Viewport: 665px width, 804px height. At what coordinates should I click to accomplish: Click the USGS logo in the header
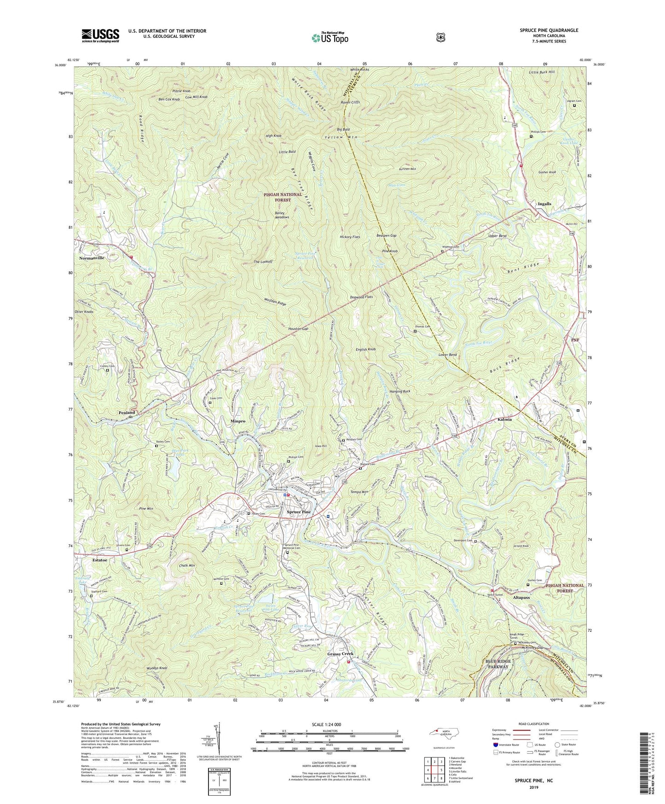coord(100,35)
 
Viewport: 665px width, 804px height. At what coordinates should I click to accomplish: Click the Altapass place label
coord(519,597)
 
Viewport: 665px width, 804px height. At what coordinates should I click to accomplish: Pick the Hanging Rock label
coord(399,391)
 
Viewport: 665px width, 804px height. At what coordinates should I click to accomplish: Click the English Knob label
coord(365,350)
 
